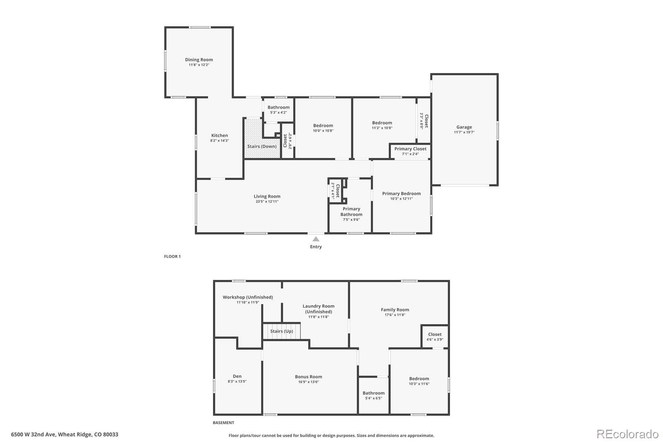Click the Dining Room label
[199, 60]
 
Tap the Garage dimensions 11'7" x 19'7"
[464, 132]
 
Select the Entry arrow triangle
[316, 239]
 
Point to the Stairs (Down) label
[262, 146]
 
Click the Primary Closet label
[410, 149]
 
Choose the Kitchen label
[220, 136]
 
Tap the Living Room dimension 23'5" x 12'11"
[267, 202]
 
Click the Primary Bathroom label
[351, 211]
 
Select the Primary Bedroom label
[402, 194]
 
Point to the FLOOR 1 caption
[172, 257]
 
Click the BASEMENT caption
[223, 423]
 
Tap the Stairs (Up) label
[281, 331]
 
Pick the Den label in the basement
[237, 376]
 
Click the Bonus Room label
[308, 377]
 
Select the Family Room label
[395, 310]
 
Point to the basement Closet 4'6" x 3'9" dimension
[435, 340]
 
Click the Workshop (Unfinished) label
[248, 297]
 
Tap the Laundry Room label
[319, 308]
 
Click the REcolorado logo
[627, 434]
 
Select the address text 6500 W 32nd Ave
[33, 434]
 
